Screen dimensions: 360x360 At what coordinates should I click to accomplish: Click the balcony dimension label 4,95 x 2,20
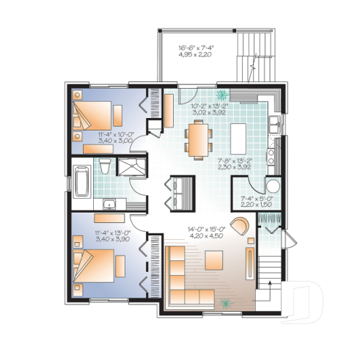(196, 56)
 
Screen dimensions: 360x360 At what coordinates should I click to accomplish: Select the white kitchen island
(240, 136)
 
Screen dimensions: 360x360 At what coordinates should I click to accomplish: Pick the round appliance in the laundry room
(273, 185)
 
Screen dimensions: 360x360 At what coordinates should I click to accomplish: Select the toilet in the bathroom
(105, 164)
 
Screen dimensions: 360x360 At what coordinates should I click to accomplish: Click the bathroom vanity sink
(110, 202)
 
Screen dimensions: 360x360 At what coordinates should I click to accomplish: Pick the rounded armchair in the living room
(240, 224)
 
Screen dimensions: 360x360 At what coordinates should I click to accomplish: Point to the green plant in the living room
(228, 301)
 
